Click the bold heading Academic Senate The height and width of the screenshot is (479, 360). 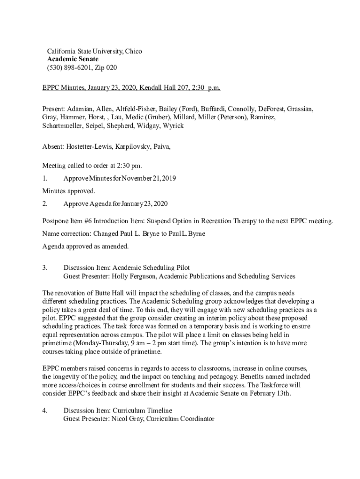(72, 59)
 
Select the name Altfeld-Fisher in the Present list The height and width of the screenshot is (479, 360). (136, 109)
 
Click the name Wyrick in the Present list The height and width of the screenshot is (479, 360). (173, 126)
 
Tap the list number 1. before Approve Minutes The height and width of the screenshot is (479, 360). (45, 179)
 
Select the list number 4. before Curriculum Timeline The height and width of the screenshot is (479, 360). (45, 410)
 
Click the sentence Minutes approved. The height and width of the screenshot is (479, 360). (69, 191)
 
